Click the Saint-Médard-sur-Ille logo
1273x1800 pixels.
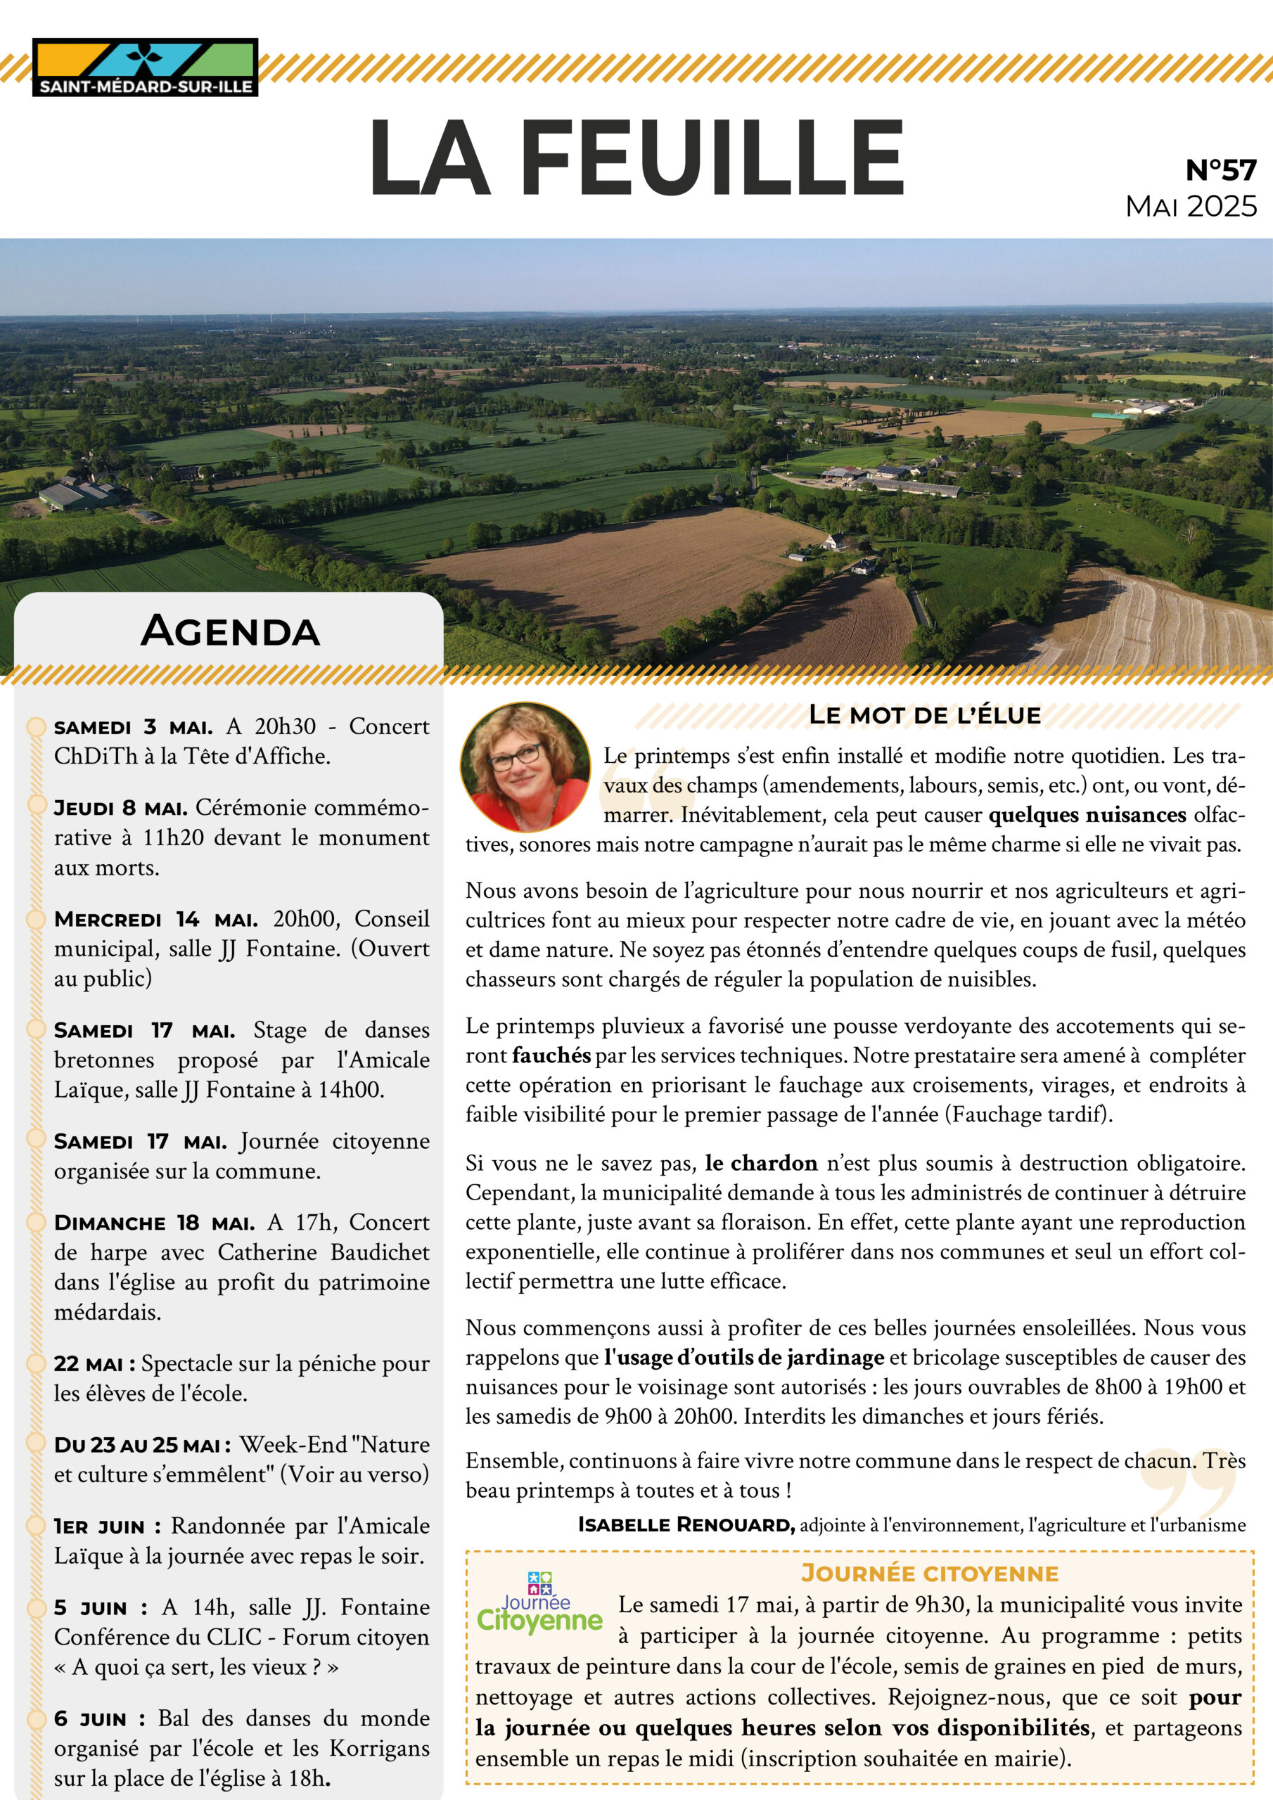coord(145,67)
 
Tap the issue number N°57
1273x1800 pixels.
coord(1220,169)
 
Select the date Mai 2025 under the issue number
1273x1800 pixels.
coord(1191,206)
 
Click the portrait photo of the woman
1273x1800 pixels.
coord(525,766)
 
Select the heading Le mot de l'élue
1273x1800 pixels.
coord(925,714)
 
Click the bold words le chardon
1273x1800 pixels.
coord(761,1163)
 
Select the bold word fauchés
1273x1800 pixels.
coord(551,1055)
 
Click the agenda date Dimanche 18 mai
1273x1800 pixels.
coord(154,1222)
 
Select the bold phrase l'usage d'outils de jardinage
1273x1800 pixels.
coord(743,1357)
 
